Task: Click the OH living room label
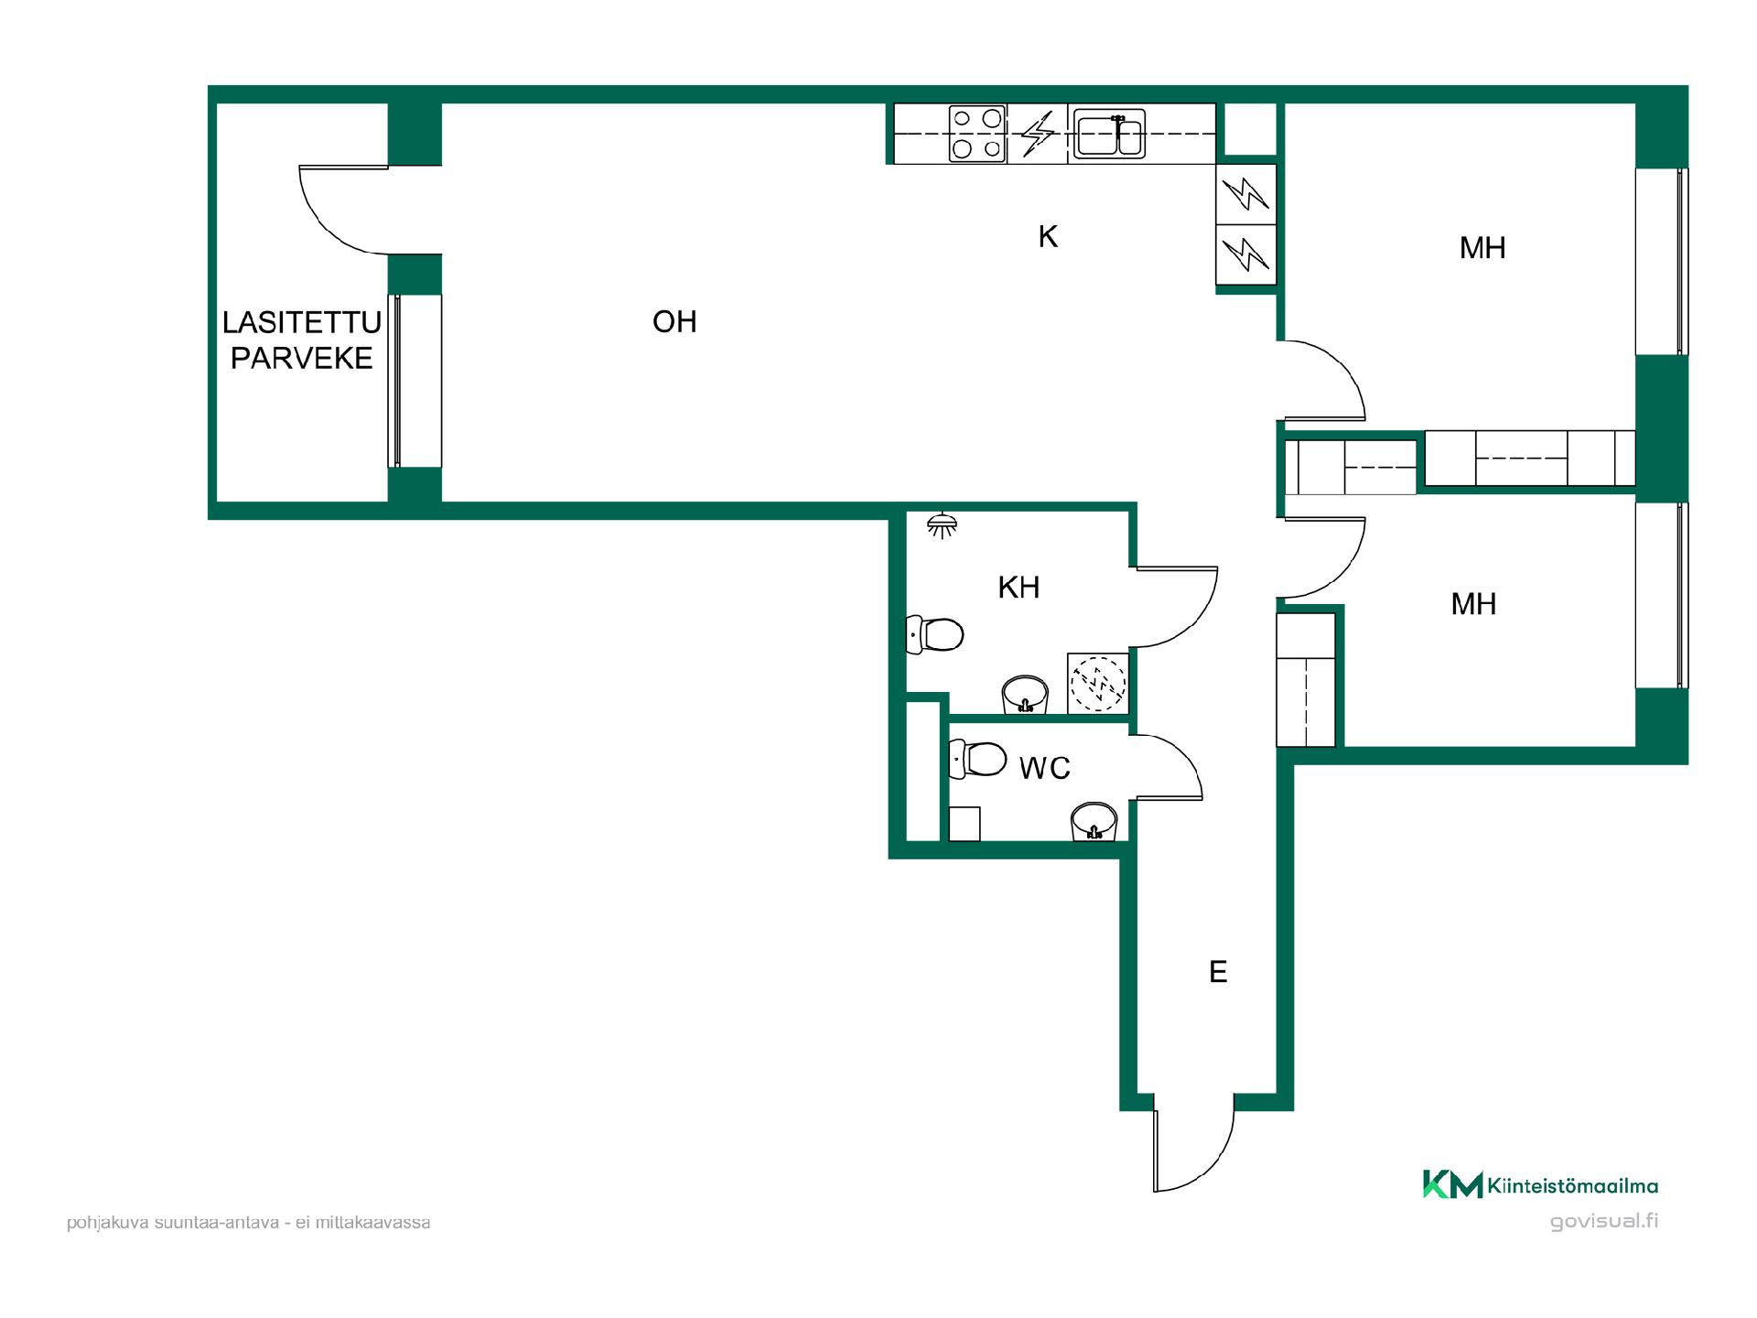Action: [674, 321]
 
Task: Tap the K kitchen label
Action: [1048, 237]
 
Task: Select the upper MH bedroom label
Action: [1482, 247]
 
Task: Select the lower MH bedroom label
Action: [1473, 603]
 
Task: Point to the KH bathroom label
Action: [1019, 587]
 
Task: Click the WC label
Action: [1044, 768]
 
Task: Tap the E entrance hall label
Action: [1218, 971]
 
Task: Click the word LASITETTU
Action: [302, 322]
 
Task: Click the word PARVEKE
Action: [302, 358]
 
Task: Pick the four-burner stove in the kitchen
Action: [977, 134]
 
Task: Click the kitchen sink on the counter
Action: [1109, 134]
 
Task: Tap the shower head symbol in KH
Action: [942, 525]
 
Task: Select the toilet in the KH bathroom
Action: [934, 634]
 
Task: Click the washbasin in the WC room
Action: [1094, 821]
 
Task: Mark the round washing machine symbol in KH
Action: [1098, 683]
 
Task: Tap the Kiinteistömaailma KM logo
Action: [1540, 1184]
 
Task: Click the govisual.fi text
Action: [1604, 1221]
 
